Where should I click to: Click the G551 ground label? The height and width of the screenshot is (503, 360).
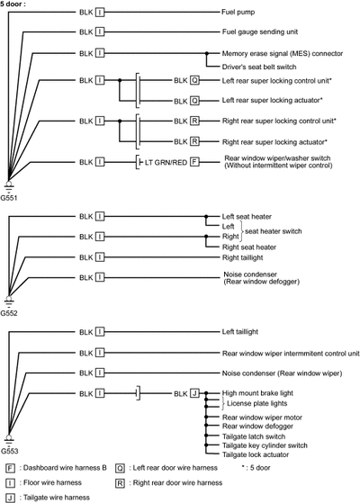coord(9,198)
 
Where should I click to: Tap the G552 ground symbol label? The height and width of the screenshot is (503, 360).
coord(9,313)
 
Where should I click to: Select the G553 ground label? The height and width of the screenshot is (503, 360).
coord(9,451)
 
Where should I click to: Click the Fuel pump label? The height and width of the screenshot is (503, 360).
coord(238,13)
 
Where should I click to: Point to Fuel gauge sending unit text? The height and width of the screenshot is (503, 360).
coord(260,32)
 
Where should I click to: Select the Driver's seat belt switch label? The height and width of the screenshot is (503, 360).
coord(259,67)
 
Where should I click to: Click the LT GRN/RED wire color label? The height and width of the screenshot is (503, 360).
coord(166,163)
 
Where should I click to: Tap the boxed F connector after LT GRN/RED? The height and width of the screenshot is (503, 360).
coord(194,162)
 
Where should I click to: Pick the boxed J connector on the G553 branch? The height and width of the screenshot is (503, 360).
coord(194,393)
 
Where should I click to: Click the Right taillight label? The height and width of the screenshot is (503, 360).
coord(243,257)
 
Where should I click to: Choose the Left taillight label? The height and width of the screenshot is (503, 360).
coord(240,332)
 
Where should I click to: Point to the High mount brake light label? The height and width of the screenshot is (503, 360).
coord(257,393)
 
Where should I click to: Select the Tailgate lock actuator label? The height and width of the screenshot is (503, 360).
coord(256,455)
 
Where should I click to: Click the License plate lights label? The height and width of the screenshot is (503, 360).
coord(257,403)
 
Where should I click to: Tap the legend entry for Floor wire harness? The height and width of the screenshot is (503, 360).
coord(43,483)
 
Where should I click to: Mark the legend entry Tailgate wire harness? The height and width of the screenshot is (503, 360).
coord(48,498)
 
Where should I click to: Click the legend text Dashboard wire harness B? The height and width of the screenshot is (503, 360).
coord(56,468)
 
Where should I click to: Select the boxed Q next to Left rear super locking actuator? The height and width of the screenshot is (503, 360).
coord(194,101)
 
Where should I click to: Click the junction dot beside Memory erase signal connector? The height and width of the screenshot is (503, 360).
coord(207,53)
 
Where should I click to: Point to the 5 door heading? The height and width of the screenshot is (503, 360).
coord(13,4)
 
